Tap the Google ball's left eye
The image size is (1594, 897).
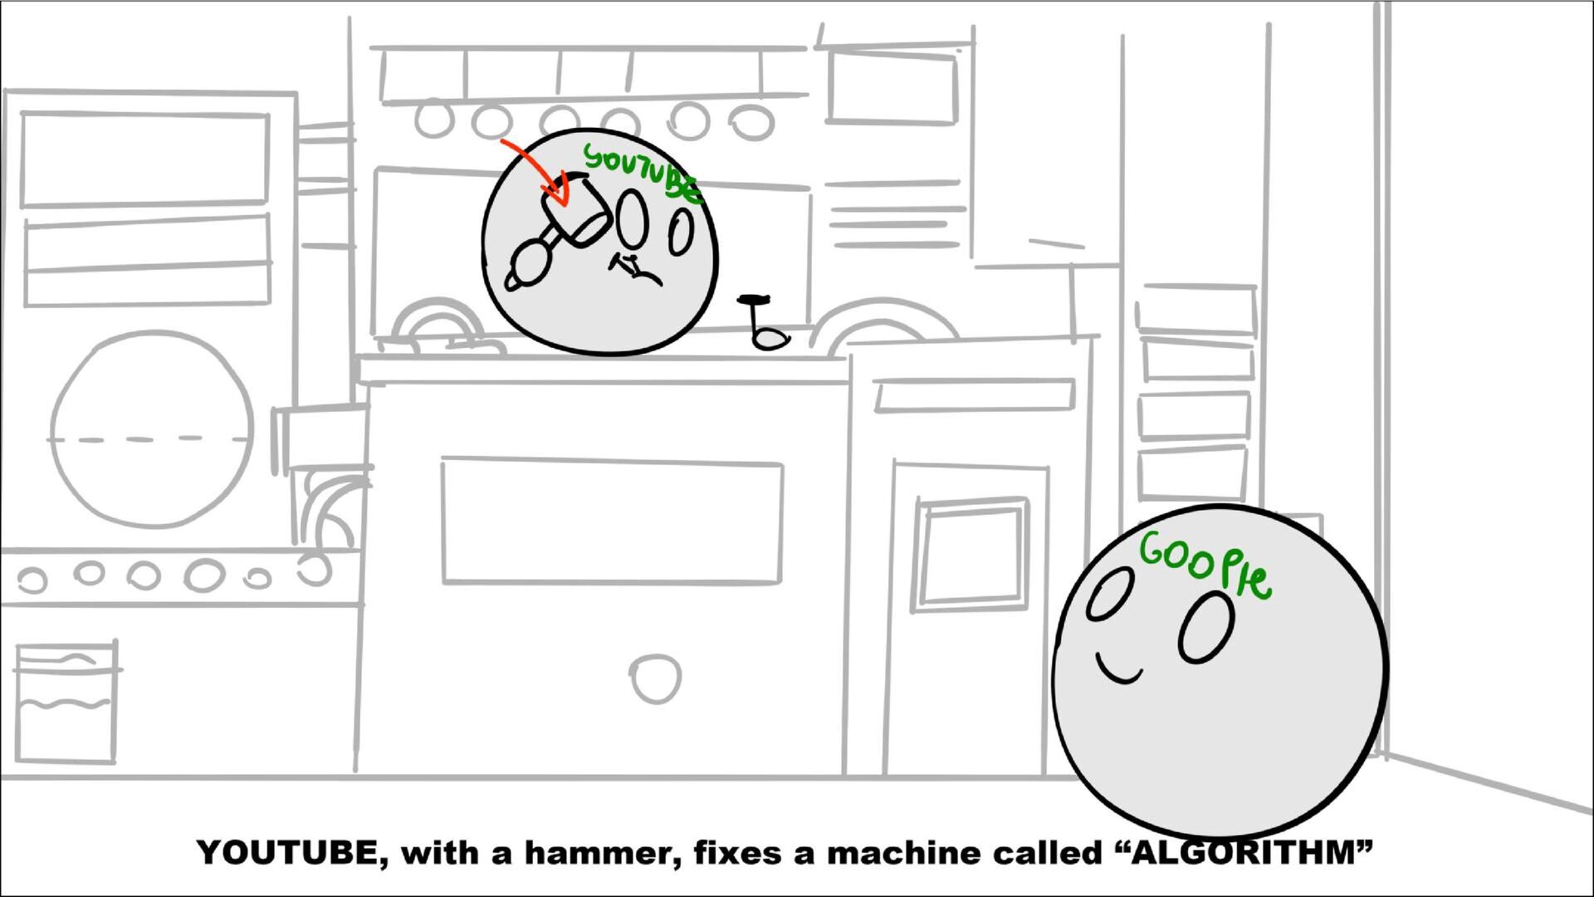click(x=1111, y=593)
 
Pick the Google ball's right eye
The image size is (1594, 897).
click(x=1206, y=626)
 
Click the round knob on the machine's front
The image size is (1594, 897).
click(x=656, y=679)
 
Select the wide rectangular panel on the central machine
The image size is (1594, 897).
click(x=612, y=521)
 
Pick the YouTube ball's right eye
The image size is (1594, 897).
click(x=681, y=233)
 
